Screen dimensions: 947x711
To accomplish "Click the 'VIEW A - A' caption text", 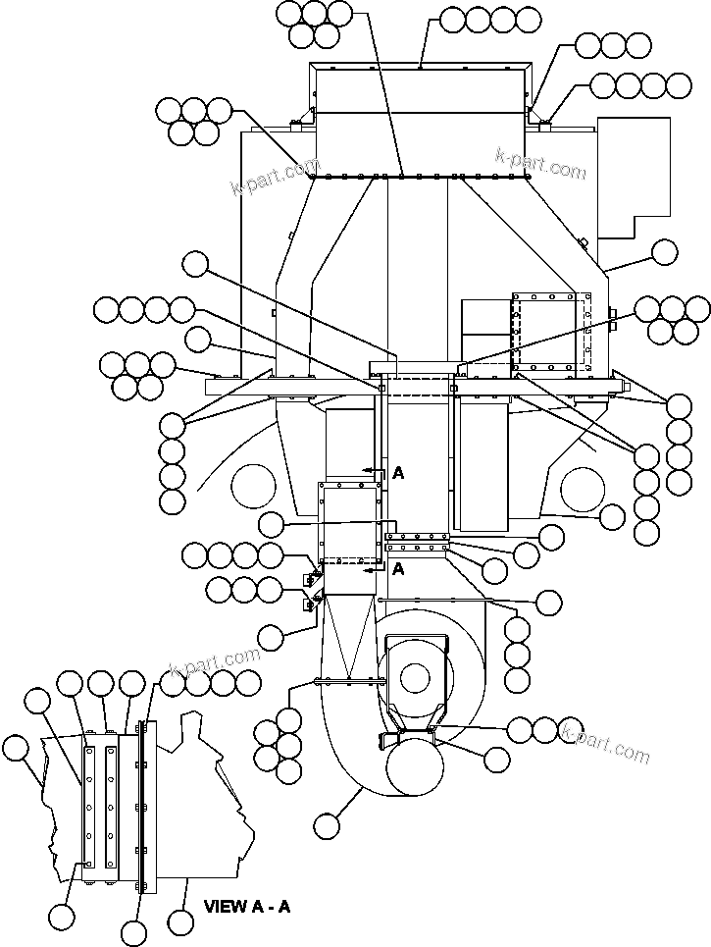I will coord(246,907).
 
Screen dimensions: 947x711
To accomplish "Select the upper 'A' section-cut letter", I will coord(398,473).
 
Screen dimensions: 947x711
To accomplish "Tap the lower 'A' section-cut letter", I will coord(398,568).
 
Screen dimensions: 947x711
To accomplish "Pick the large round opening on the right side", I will coord(585,490).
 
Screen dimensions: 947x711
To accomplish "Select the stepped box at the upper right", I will coord(633,177).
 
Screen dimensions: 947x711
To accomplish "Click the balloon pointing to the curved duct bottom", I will coord(327,826).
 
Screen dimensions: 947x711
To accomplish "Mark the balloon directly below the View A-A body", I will coord(180,921).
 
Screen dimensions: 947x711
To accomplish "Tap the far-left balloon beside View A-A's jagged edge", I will coord(16,748).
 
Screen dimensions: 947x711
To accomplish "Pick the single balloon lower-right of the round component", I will coord(497,759).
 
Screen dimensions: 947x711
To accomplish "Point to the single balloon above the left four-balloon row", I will coord(196,263).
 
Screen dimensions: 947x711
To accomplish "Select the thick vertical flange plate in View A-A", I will coord(143,807).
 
